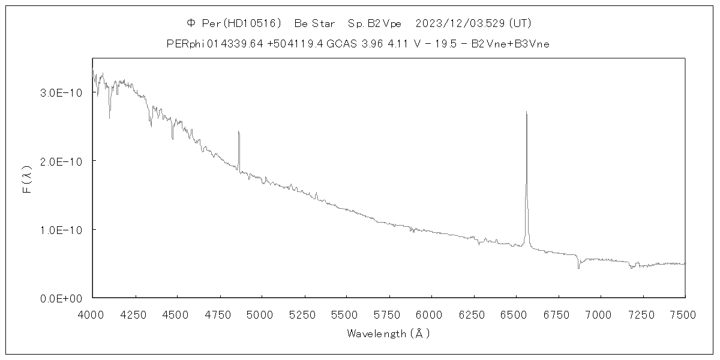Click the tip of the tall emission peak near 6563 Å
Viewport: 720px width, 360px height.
pyautogui.click(x=526, y=112)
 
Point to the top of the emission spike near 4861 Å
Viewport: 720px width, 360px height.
pyautogui.click(x=238, y=131)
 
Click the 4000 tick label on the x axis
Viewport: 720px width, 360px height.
pyautogui.click(x=92, y=313)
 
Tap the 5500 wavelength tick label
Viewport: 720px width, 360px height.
pyautogui.click(x=346, y=313)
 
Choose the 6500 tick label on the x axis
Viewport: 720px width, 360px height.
pyautogui.click(x=516, y=313)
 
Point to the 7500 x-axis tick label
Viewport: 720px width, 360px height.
pyautogui.click(x=685, y=313)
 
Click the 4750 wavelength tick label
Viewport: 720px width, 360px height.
pyautogui.click(x=220, y=313)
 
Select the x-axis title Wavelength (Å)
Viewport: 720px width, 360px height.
pyautogui.click(x=388, y=334)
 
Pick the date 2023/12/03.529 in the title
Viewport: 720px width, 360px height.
pyautogui.click(x=461, y=23)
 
